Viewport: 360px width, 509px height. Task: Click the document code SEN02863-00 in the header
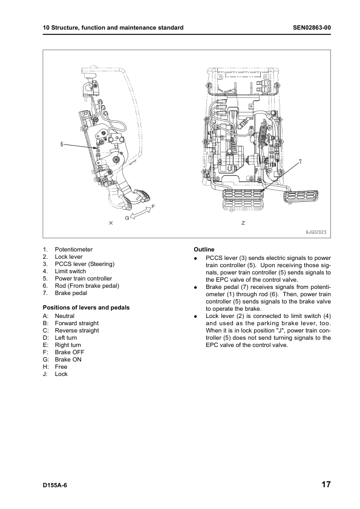point(312,28)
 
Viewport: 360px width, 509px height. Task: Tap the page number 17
point(326,485)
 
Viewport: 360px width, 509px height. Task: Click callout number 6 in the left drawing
point(62,144)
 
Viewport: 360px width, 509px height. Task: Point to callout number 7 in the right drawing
point(300,161)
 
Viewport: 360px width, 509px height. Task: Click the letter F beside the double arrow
point(153,207)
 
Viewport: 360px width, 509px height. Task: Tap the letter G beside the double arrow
point(128,218)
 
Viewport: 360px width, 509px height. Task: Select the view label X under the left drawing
point(111,223)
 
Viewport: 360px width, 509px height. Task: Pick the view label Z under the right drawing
point(243,223)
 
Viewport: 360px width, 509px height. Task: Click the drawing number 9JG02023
point(316,232)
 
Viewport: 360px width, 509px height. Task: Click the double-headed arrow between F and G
point(140,213)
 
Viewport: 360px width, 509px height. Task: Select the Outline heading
point(204,250)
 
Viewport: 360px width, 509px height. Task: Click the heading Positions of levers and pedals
point(86,308)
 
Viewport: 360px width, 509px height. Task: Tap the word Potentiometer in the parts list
point(73,250)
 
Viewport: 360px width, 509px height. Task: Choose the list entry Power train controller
point(83,279)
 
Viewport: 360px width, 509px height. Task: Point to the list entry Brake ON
point(68,359)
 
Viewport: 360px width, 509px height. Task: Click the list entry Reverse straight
point(77,331)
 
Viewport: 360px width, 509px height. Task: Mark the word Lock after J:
point(61,374)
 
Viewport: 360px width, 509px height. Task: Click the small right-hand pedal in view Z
point(301,196)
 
